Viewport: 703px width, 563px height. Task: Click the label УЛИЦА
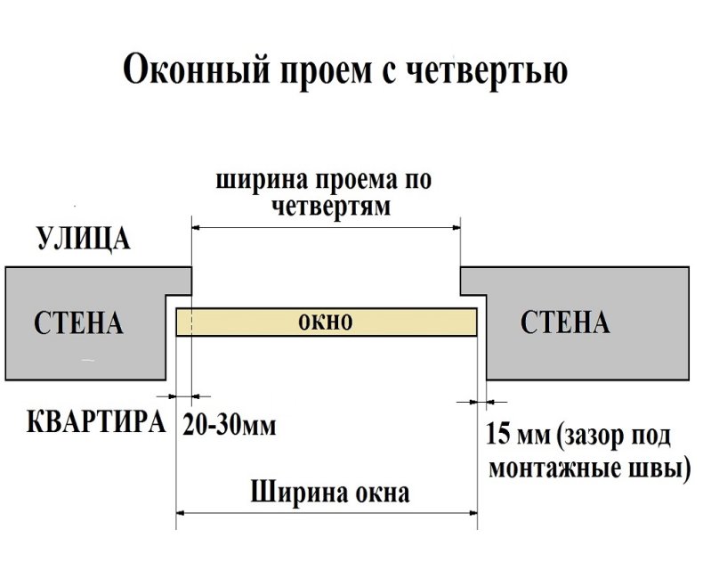(84, 240)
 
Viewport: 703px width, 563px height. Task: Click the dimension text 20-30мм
(230, 424)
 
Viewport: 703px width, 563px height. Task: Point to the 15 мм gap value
(515, 437)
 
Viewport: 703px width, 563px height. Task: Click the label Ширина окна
(330, 492)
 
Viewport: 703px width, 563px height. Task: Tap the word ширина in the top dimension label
(260, 181)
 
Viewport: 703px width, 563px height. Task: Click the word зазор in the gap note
(595, 437)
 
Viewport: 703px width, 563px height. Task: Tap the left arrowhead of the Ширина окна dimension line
(182, 514)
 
